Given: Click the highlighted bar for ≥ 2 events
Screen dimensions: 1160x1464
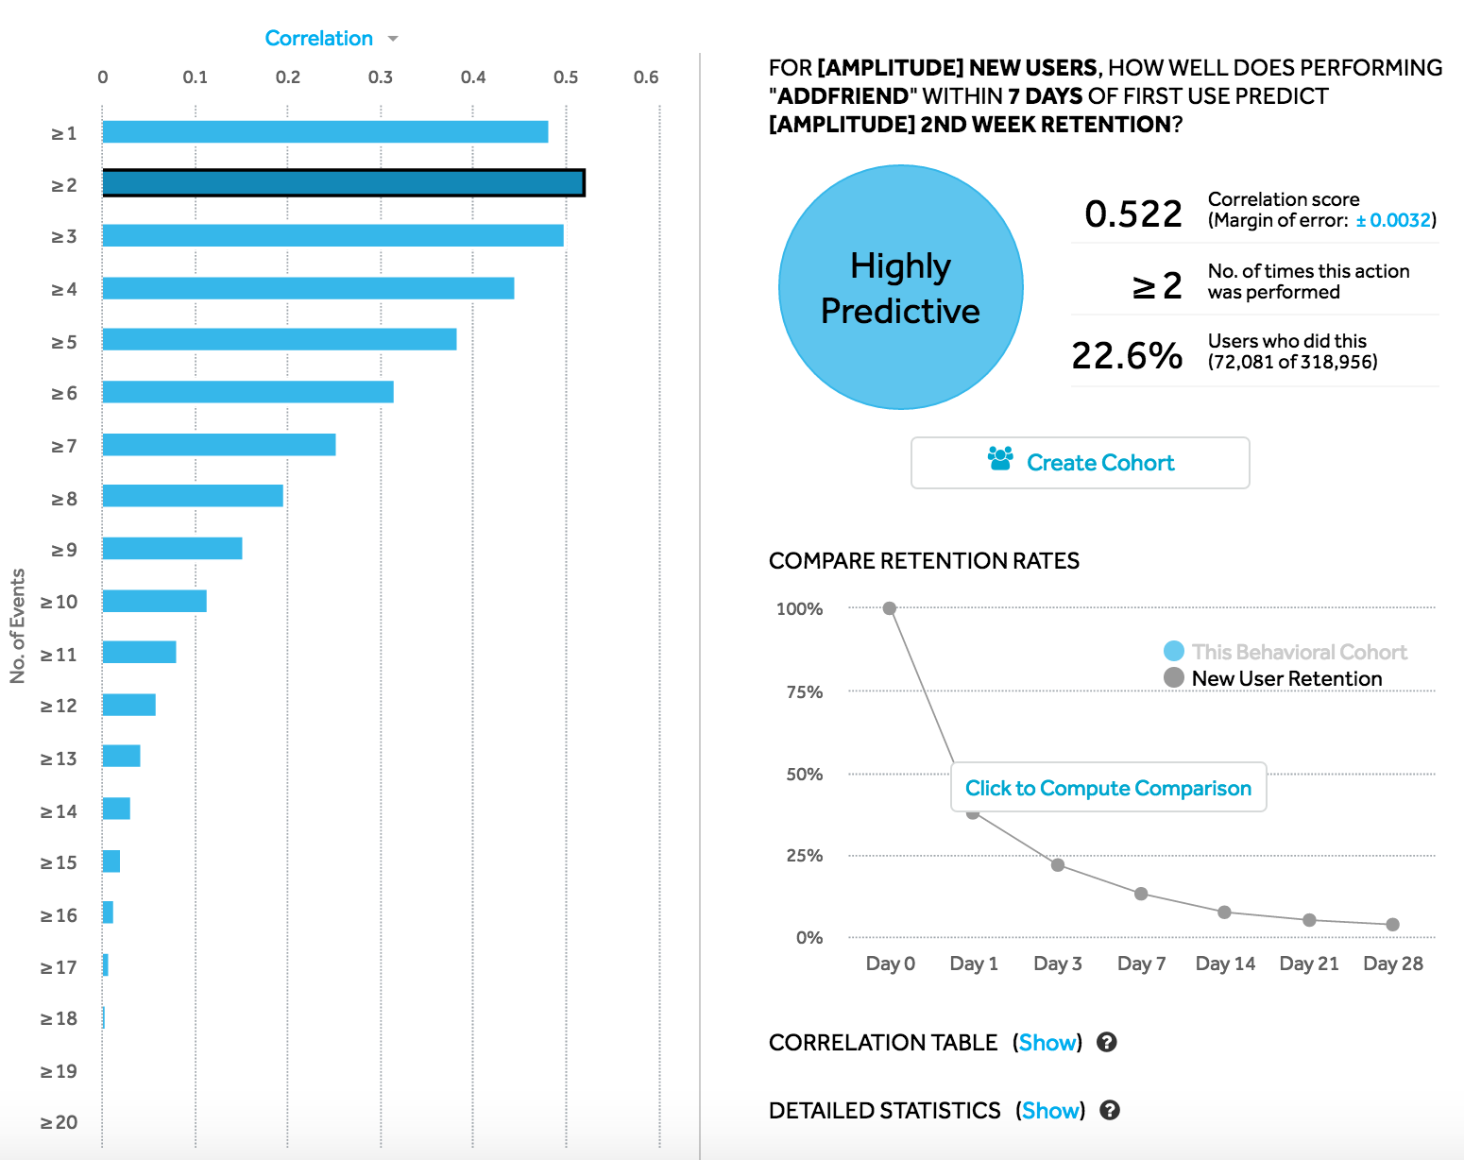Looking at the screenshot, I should point(344,183).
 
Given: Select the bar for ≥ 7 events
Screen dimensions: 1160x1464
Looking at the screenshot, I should point(219,445).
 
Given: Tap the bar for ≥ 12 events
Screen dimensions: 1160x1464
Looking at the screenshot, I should point(129,705).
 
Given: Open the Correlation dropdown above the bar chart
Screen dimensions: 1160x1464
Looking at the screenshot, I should point(331,39).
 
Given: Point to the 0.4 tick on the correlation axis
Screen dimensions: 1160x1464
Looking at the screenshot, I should point(473,77).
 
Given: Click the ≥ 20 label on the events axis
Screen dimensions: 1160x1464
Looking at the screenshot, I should point(59,1122).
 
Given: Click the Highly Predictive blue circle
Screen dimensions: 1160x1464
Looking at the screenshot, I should point(900,287).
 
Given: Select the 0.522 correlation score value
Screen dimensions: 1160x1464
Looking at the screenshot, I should point(1132,214).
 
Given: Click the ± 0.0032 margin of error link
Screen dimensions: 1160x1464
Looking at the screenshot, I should point(1393,220).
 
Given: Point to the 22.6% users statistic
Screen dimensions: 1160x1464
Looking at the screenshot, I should point(1127,356).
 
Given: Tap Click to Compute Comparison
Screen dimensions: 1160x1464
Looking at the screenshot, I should point(1108,788).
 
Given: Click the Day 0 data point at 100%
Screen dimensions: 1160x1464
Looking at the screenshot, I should point(889,608).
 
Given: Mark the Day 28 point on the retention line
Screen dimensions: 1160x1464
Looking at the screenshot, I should point(1392,925).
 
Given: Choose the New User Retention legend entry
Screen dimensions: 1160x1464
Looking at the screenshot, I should point(1285,678).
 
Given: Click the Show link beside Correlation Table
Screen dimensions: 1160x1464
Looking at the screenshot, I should point(1047,1043).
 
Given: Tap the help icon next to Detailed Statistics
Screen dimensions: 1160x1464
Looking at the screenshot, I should point(1110,1111).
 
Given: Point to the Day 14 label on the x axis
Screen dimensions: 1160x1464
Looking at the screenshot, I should point(1225,964).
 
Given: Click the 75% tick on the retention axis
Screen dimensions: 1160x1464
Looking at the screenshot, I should point(805,692).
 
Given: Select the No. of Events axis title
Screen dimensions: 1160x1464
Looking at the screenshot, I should point(18,625).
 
